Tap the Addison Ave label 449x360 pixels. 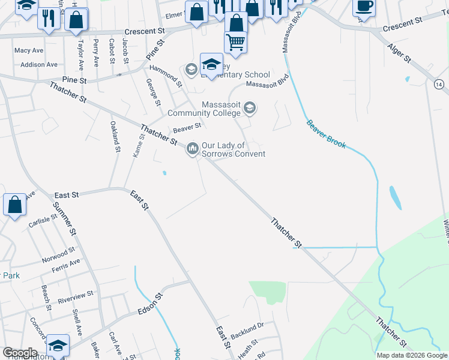tap(38, 64)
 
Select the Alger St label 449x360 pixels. tap(399, 52)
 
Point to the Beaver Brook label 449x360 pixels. tap(326, 135)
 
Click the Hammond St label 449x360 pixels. tap(166, 76)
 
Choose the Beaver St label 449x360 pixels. tap(186, 127)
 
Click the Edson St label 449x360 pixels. tap(150, 304)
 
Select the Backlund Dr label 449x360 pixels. tap(247, 328)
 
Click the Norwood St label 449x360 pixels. tap(58, 255)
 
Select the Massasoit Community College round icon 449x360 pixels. tap(250, 109)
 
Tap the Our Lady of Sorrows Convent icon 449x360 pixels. tap(193, 147)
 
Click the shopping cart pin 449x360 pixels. tap(236, 42)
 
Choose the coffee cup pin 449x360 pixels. tap(365, 7)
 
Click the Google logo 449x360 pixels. tap(19, 353)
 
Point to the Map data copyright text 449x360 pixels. tap(411, 355)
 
